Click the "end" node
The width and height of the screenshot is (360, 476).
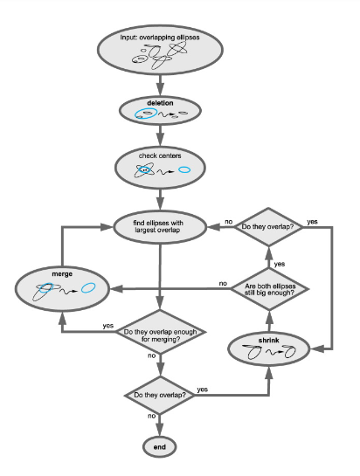[160, 447]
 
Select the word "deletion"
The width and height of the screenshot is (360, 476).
[160, 103]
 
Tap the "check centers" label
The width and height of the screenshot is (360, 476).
[160, 155]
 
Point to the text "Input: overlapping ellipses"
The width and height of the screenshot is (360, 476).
[160, 38]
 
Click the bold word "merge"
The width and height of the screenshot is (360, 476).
[62, 274]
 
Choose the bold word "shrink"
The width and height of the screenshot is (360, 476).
[269, 341]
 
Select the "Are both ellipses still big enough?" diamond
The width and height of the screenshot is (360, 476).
[269, 289]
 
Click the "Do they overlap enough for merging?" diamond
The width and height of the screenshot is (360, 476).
[161, 332]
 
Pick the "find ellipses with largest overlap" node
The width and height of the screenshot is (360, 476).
[160, 227]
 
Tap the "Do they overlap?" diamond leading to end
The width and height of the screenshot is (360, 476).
[160, 396]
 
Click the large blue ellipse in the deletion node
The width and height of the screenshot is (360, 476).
[146, 114]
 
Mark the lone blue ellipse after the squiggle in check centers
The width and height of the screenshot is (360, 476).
[184, 169]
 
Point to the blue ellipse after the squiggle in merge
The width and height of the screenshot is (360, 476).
[88, 287]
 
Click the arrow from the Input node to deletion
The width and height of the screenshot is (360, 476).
[160, 85]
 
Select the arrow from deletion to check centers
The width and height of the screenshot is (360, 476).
[160, 135]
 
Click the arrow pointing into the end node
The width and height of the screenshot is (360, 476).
[160, 425]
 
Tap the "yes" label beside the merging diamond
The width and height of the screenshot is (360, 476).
[108, 326]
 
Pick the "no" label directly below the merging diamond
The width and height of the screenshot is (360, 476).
[151, 355]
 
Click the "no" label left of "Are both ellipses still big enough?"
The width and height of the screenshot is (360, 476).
[223, 283]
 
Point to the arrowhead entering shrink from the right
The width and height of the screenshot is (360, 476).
[317, 349]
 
